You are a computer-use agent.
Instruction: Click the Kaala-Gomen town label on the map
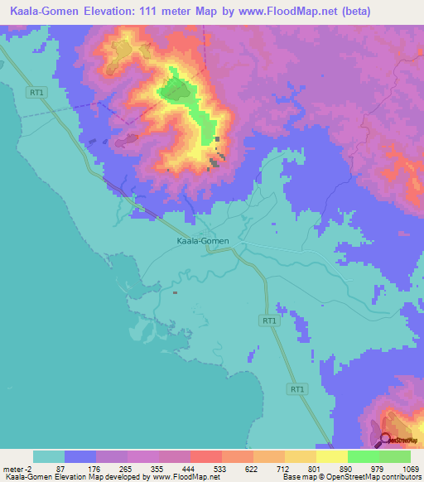pyautogui.click(x=203, y=241)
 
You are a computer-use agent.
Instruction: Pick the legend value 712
pyautogui.click(x=285, y=469)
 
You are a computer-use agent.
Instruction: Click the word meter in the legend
pyautogui.click(x=14, y=469)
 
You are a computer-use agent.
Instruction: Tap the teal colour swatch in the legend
pyautogui.click(x=49, y=456)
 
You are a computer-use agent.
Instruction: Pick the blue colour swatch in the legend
pyautogui.click(x=80, y=456)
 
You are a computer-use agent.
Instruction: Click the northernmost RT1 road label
pyautogui.click(x=36, y=93)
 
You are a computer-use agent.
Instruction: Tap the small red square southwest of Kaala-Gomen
pyautogui.click(x=175, y=292)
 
